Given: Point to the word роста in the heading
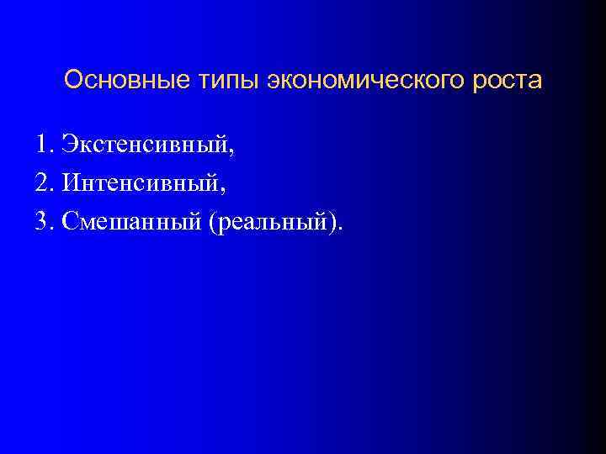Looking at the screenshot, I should (x=506, y=81).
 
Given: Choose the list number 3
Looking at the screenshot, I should (x=42, y=221).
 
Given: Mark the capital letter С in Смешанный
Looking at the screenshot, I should (x=68, y=221).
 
